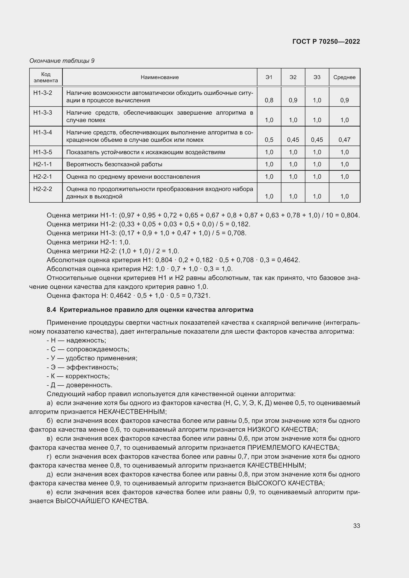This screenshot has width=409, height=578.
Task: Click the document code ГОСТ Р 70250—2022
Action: [x=326, y=42]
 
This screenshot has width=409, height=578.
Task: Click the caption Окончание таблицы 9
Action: [x=62, y=61]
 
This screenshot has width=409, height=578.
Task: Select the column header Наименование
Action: [x=160, y=77]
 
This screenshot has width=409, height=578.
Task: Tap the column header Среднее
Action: [x=344, y=77]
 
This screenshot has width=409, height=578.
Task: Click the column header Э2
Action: [x=293, y=77]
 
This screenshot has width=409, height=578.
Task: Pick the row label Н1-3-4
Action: [x=43, y=132]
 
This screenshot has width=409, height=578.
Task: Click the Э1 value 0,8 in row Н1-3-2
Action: [x=269, y=100]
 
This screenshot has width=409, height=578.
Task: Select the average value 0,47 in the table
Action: [x=344, y=140]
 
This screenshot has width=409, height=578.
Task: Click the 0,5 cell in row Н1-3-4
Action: [x=269, y=140]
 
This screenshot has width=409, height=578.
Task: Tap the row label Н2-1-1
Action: [x=43, y=164]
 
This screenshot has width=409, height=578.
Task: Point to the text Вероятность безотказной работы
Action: [x=114, y=164]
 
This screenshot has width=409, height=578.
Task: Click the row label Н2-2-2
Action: [x=43, y=189]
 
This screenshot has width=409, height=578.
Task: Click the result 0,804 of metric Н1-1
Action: [x=350, y=215]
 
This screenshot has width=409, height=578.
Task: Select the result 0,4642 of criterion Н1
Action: [x=288, y=260]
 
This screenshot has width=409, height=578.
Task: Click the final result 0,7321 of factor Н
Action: [x=199, y=296]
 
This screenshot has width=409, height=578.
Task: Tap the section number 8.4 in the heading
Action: [x=51, y=310]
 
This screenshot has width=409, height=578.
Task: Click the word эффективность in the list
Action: [x=92, y=367]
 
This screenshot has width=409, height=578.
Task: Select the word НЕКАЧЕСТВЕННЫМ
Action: [x=132, y=412]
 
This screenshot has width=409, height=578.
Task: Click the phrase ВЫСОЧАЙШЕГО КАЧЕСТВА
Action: [x=101, y=501]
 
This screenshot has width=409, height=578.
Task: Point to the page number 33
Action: [x=356, y=526]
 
